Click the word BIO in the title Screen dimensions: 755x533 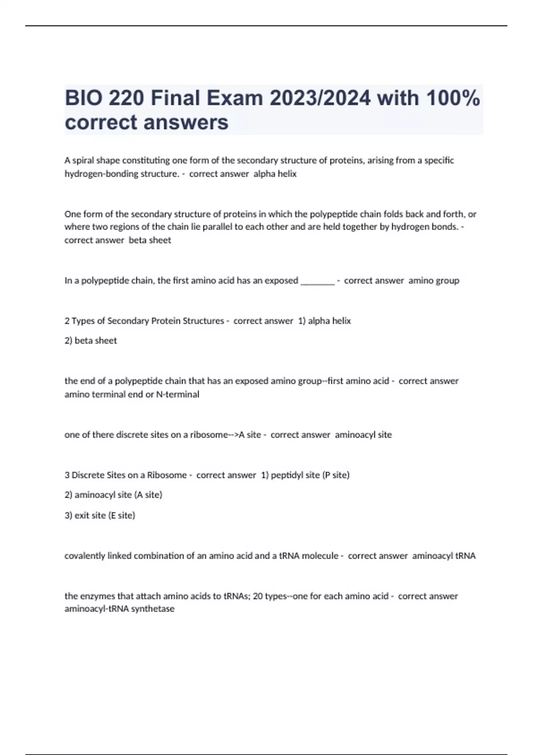pos(83,98)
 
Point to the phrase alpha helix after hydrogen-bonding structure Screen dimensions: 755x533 pos(275,174)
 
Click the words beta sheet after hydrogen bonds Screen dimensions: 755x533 pos(150,240)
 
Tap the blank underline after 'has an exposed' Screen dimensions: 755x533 pos(318,281)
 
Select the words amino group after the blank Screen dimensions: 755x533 pos(434,281)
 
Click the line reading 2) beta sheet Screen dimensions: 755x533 pos(91,341)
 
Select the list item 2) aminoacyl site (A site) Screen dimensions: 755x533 pos(113,495)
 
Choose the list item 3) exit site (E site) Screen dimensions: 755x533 pos(99,515)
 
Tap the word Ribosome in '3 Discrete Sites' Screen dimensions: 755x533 pos(167,475)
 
